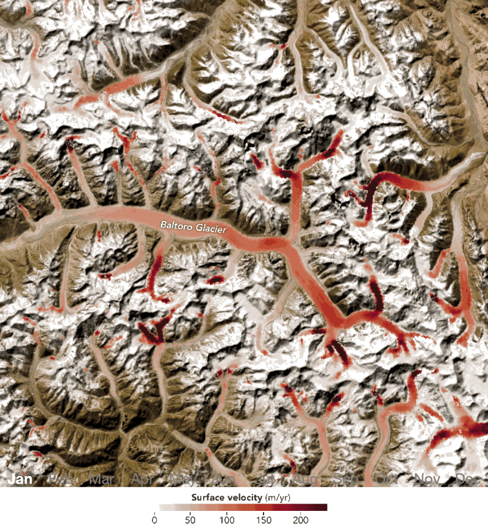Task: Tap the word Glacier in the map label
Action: (210, 230)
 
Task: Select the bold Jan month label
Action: (20, 479)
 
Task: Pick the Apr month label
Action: (142, 479)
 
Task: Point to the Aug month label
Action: (306, 480)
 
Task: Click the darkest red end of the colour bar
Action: (325, 507)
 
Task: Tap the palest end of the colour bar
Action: (162, 507)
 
